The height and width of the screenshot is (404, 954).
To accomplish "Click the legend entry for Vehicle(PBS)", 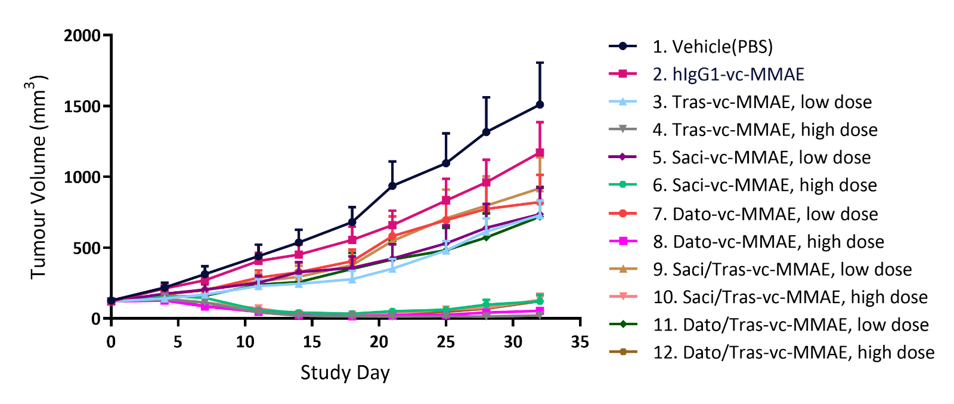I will click(x=713, y=47).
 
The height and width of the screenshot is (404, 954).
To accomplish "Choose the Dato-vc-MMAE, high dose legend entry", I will click(x=778, y=242).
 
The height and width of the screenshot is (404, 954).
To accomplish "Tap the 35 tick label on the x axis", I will click(x=580, y=342).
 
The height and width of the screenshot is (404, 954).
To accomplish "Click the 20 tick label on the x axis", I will click(x=379, y=342).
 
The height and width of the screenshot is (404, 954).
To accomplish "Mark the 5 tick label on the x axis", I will click(x=178, y=342).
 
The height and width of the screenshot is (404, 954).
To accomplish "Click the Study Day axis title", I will click(x=345, y=373).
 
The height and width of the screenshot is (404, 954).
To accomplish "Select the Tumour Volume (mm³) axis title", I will click(x=38, y=177).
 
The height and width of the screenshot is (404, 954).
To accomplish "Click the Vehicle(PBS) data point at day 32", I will click(x=540, y=104).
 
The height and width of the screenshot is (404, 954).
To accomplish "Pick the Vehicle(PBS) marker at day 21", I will click(x=392, y=186).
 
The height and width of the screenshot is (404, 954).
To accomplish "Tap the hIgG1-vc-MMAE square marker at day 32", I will click(x=540, y=153).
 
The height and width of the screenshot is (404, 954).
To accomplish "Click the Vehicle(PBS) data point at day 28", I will click(x=486, y=132).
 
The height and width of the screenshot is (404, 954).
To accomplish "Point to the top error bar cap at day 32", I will click(x=540, y=62).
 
